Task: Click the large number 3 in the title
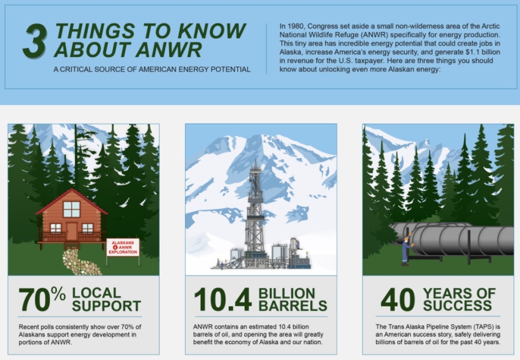click(x=35, y=41)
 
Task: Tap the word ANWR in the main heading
click(x=169, y=50)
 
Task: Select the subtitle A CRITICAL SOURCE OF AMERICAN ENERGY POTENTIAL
click(x=152, y=69)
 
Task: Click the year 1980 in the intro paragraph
click(x=295, y=26)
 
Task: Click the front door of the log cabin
click(x=72, y=231)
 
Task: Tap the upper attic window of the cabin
click(x=72, y=209)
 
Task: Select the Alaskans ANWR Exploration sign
click(x=123, y=248)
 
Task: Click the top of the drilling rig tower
click(x=255, y=161)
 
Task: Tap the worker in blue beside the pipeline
click(x=406, y=251)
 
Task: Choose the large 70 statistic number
click(x=34, y=300)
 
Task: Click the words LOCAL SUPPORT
click(x=106, y=300)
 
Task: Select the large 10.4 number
click(x=223, y=300)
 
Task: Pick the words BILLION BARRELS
click(x=292, y=300)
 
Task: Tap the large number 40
click(x=398, y=300)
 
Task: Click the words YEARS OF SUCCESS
click(x=459, y=300)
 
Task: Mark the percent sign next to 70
click(x=59, y=294)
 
